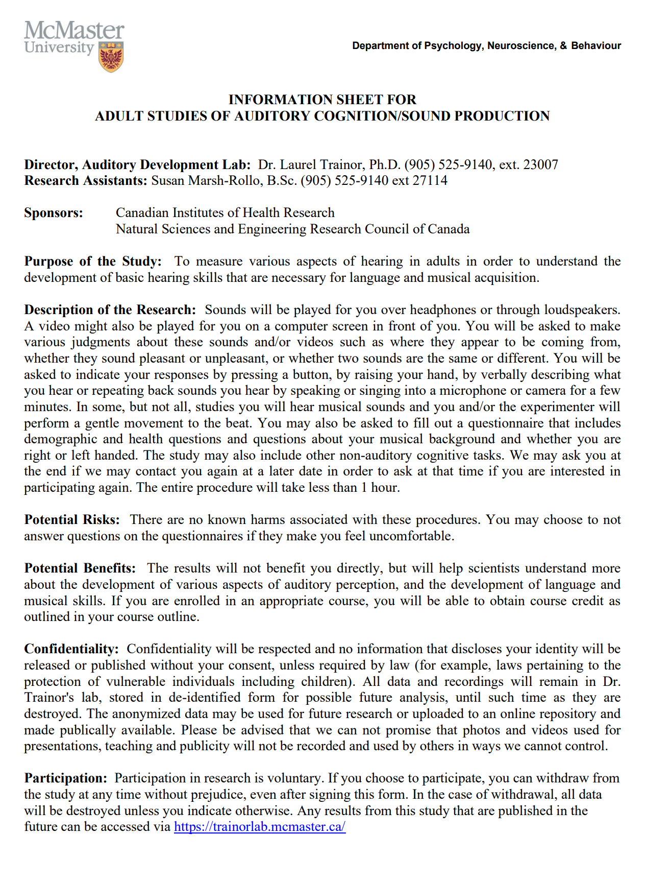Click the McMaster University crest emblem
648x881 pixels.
click(111, 56)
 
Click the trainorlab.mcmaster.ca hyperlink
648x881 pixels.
click(260, 826)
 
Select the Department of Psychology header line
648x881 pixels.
click(486, 45)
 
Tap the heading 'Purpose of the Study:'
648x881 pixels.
click(93, 261)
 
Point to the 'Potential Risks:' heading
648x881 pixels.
click(72, 519)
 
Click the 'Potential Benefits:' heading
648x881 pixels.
click(80, 568)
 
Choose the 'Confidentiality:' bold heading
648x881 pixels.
click(71, 649)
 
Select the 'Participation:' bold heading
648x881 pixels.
click(66, 778)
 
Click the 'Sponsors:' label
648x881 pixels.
click(54, 212)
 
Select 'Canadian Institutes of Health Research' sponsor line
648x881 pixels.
click(225, 212)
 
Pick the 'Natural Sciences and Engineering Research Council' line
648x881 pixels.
click(292, 229)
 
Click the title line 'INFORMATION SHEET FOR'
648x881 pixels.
click(322, 99)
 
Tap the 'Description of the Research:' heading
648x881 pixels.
click(110, 309)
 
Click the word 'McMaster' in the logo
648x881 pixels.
click(74, 31)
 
